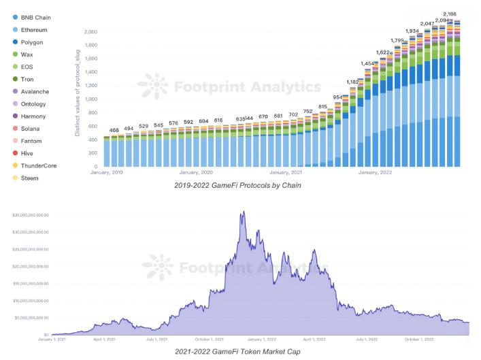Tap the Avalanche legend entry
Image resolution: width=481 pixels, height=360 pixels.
tap(35, 91)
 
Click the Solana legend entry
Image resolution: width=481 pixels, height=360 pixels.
tap(31, 129)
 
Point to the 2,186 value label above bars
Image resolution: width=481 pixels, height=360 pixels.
tap(449, 14)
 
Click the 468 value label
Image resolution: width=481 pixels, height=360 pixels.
tap(114, 130)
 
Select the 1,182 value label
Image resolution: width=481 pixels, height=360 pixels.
tap(353, 82)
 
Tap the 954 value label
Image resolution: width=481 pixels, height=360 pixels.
tap(338, 97)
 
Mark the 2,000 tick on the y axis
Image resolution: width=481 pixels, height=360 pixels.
tap(90, 32)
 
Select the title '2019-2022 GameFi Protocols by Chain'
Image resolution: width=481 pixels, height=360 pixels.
tap(237, 185)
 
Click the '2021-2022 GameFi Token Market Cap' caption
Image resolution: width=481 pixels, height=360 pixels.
tap(237, 351)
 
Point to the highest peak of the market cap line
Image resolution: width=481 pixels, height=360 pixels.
tap(243, 212)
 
